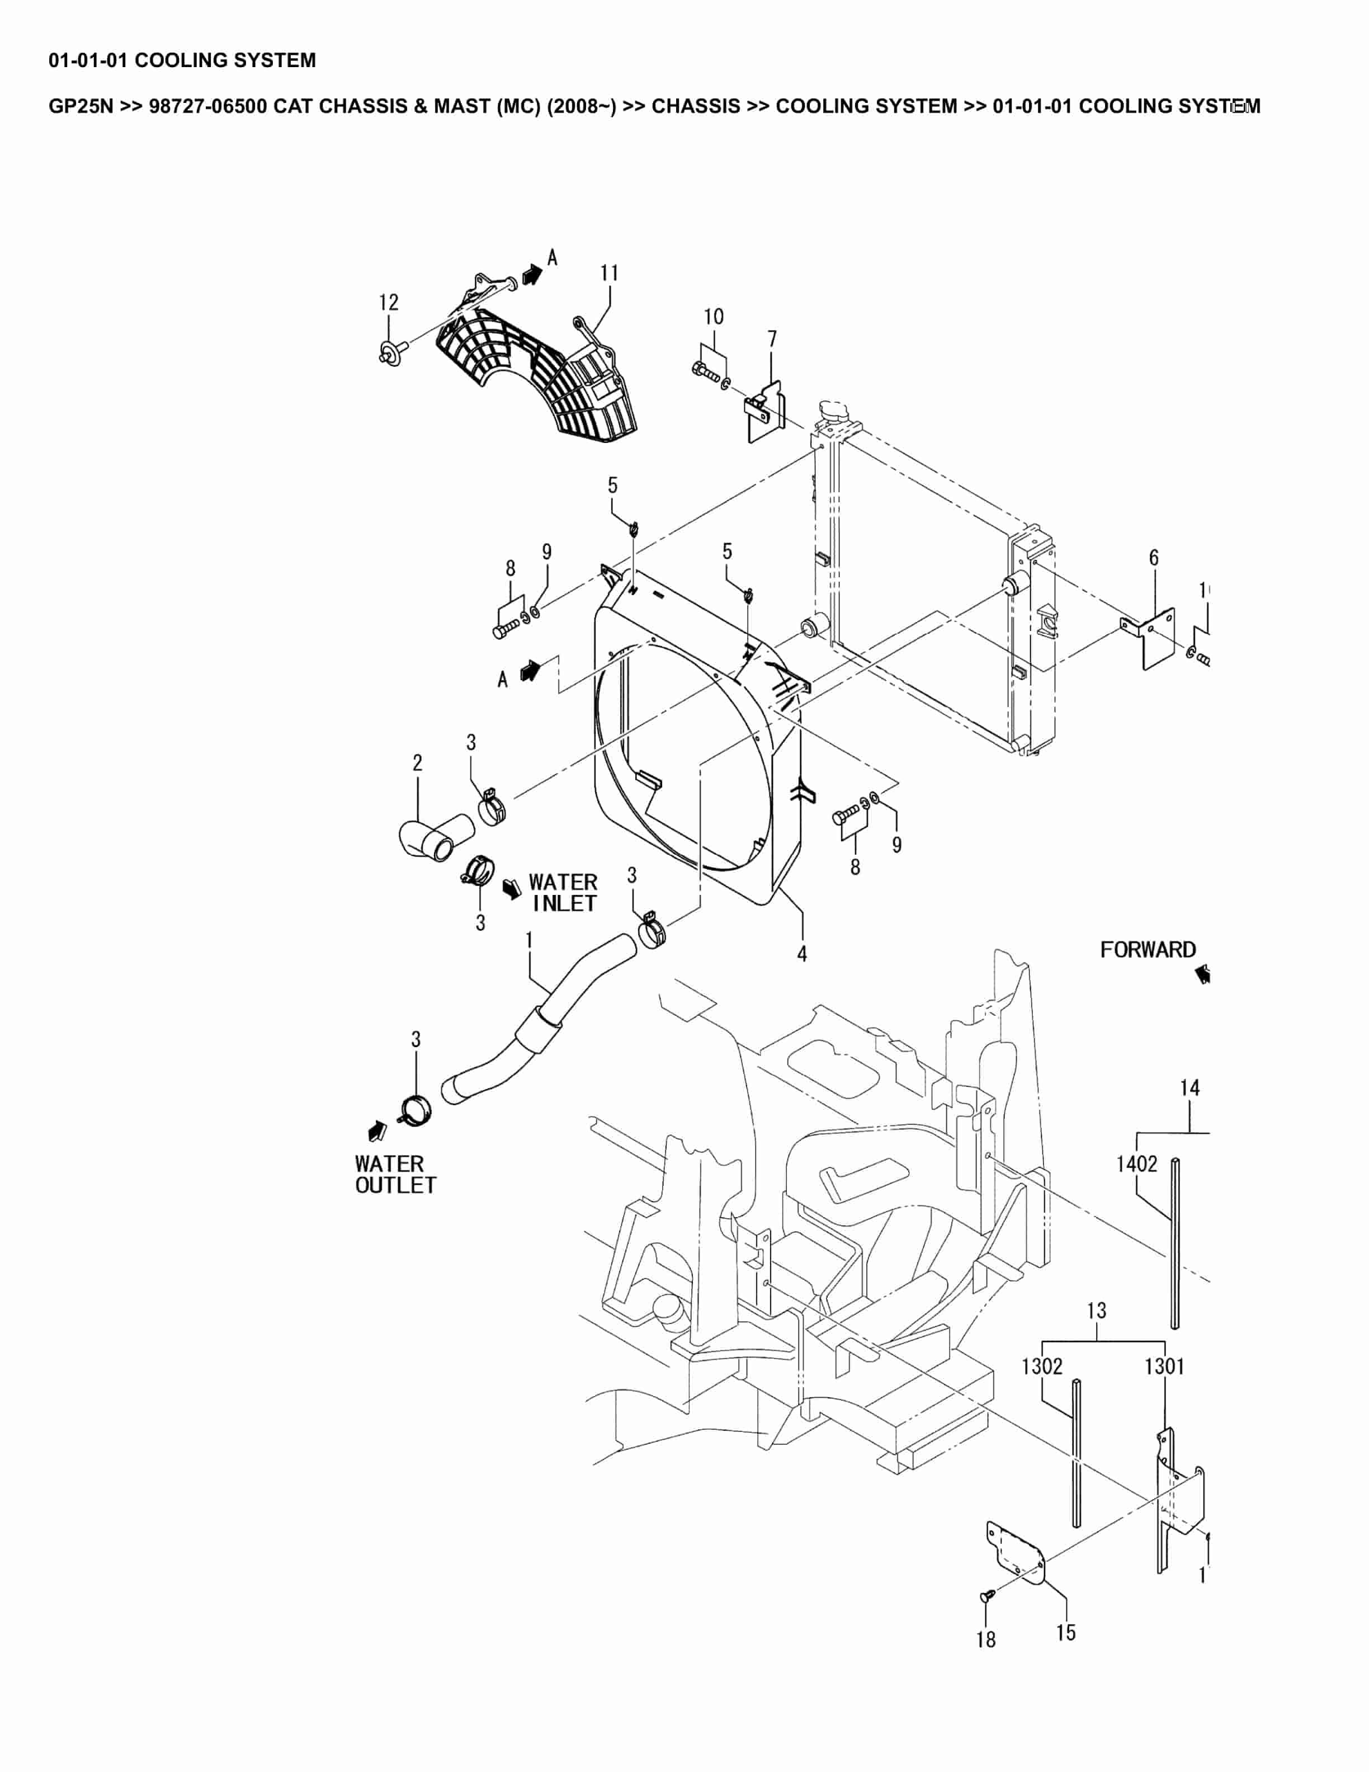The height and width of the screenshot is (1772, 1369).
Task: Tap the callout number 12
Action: coord(389,303)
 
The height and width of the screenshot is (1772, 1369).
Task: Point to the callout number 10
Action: coord(713,317)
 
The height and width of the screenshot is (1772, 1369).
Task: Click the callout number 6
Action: coord(1153,558)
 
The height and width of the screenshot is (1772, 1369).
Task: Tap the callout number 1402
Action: coord(1136,1165)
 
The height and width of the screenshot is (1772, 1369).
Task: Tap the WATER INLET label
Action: coord(563,893)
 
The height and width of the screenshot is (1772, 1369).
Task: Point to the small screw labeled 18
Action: coord(986,1596)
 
